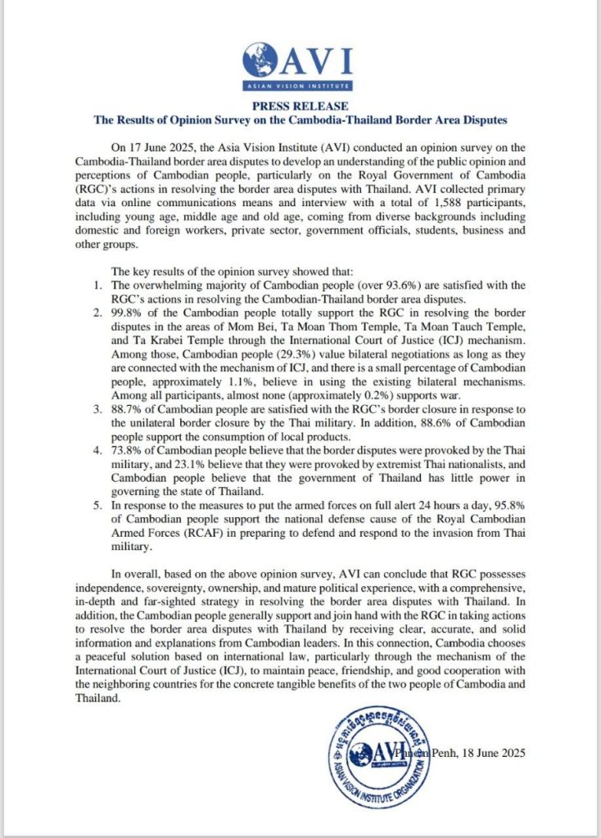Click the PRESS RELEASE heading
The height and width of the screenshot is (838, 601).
[300, 106]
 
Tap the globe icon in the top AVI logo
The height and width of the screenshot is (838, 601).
[260, 59]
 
